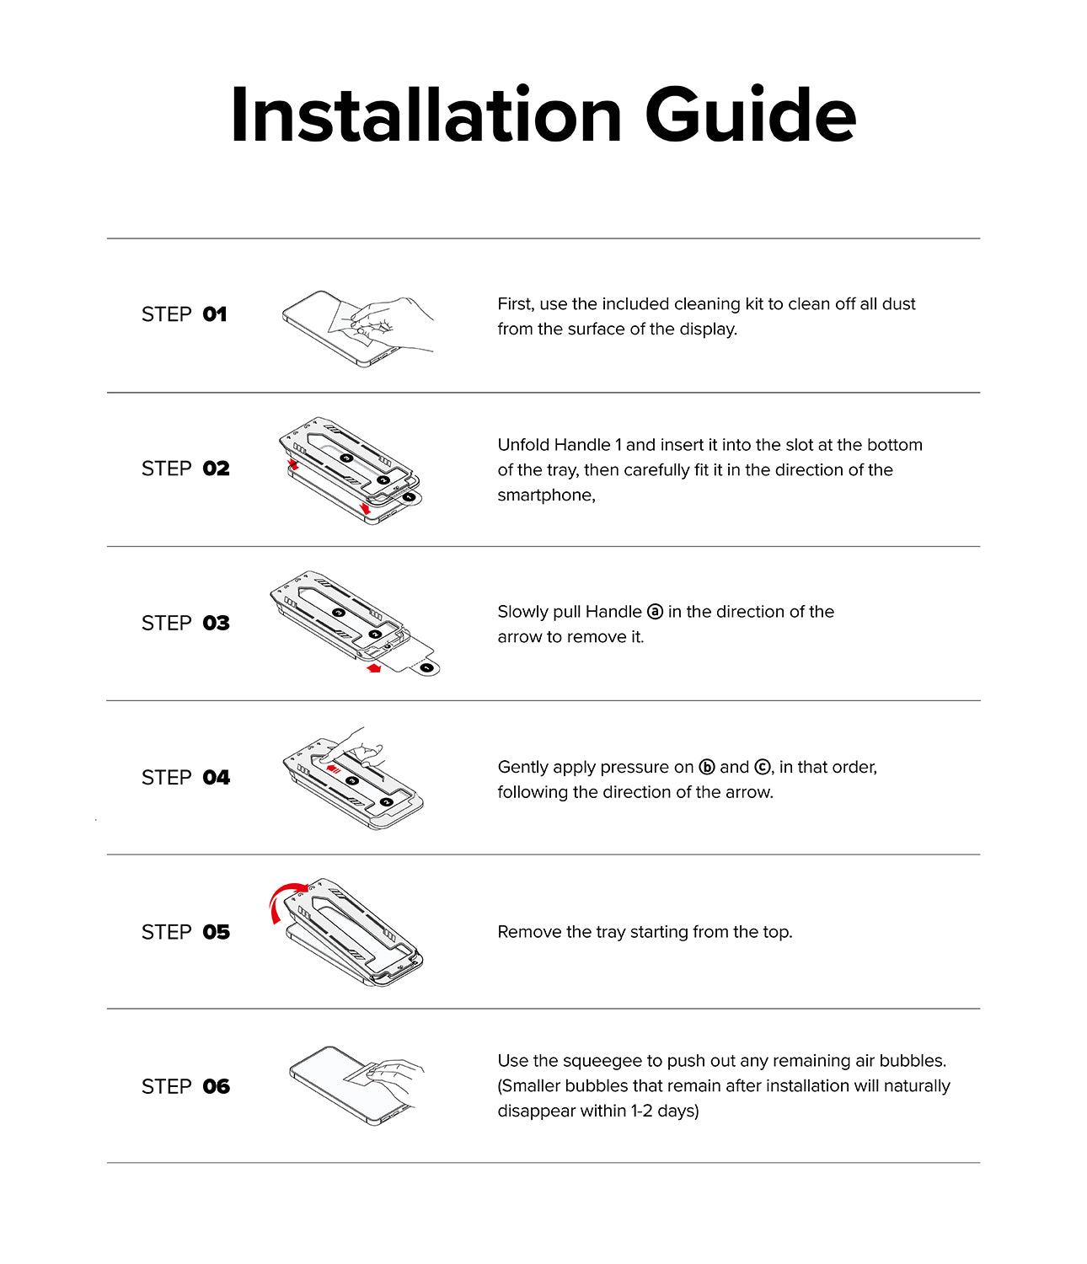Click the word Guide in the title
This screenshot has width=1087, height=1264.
pyautogui.click(x=751, y=115)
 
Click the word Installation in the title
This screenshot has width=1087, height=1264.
pyautogui.click(x=426, y=115)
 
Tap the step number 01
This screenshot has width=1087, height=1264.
pyautogui.click(x=215, y=314)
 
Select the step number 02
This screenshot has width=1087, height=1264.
pyautogui.click(x=216, y=469)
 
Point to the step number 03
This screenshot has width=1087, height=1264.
pyautogui.click(x=216, y=624)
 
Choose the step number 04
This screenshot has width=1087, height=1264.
pyautogui.click(x=216, y=778)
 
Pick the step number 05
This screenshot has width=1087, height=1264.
pyautogui.click(x=216, y=932)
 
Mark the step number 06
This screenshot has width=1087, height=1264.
pyautogui.click(x=216, y=1087)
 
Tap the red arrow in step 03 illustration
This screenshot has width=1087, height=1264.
pyautogui.click(x=374, y=668)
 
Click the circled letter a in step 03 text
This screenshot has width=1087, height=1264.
pyautogui.click(x=655, y=612)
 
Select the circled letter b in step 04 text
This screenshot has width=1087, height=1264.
pyautogui.click(x=707, y=767)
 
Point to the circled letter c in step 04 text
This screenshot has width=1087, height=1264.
pyautogui.click(x=762, y=767)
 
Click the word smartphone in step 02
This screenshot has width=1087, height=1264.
pyautogui.click(x=545, y=495)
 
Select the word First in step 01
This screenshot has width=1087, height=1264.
pyautogui.click(x=515, y=304)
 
